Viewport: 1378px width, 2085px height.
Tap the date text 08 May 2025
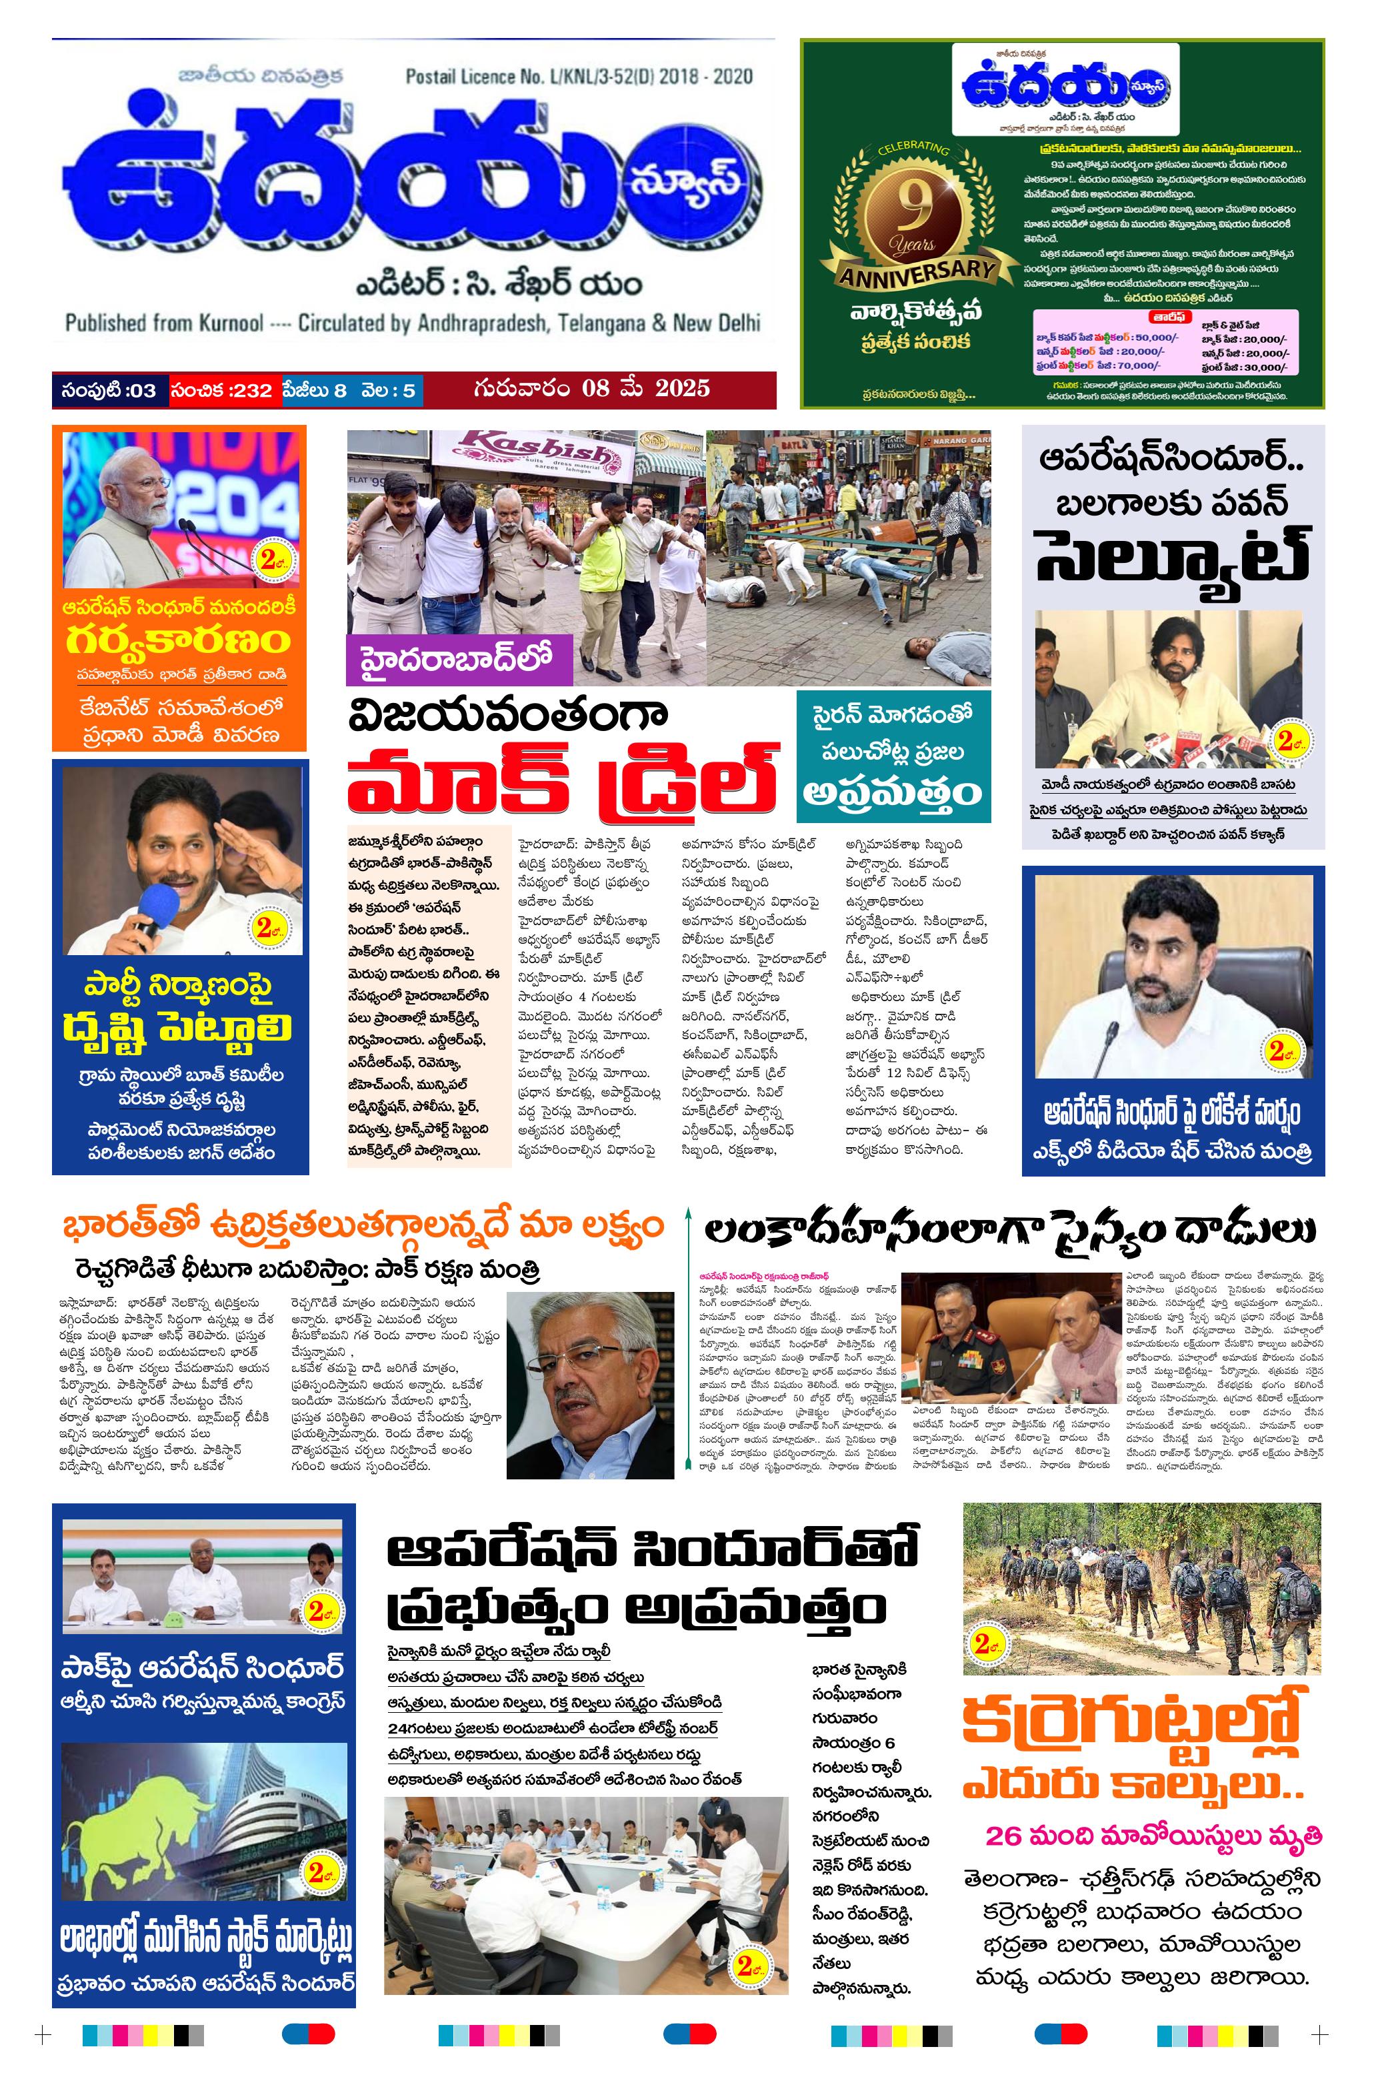tap(645, 389)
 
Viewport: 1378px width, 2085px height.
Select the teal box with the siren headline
tap(893, 756)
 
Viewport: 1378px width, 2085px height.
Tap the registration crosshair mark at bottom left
tap(42, 2035)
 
